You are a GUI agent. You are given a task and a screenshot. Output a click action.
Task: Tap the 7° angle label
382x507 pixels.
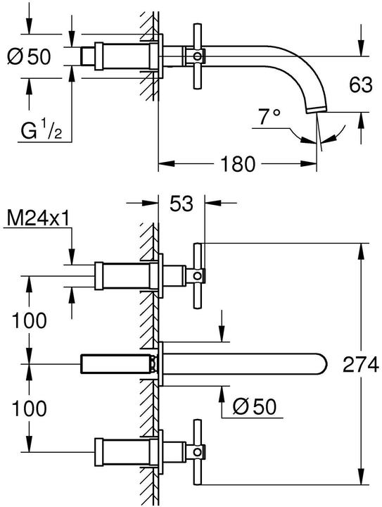point(269,117)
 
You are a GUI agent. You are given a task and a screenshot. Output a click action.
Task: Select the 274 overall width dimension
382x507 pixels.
point(359,365)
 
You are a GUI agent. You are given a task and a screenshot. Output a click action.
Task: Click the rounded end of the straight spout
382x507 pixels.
point(322,364)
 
